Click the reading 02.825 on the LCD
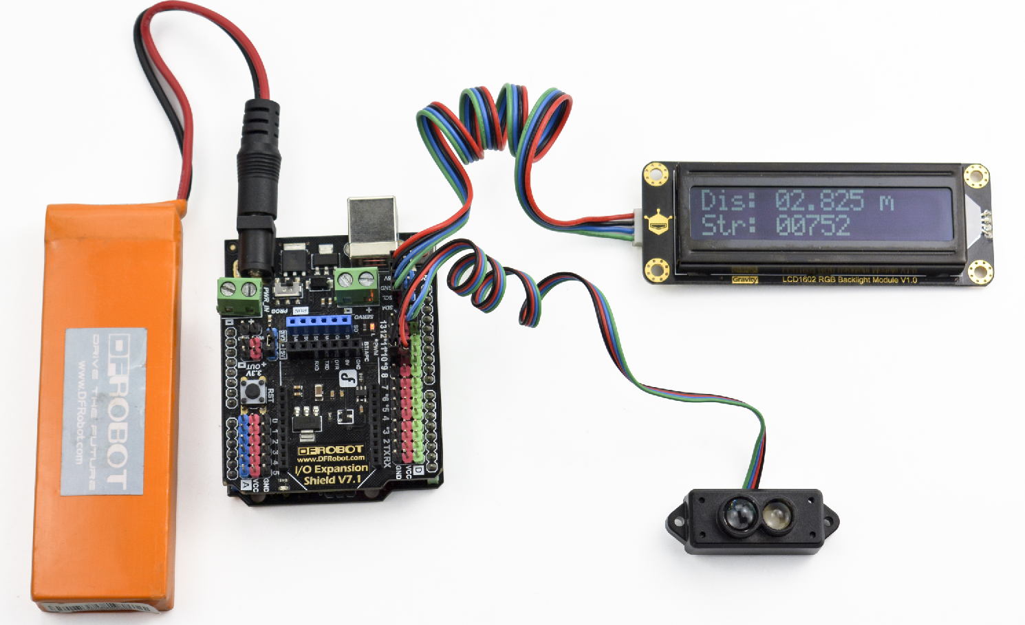point(819,200)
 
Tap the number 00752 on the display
point(812,226)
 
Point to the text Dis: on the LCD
point(728,201)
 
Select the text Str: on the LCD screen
point(728,226)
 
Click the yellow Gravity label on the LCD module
point(744,280)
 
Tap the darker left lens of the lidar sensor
point(736,514)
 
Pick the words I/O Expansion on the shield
point(331,469)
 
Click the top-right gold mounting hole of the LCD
point(975,175)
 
